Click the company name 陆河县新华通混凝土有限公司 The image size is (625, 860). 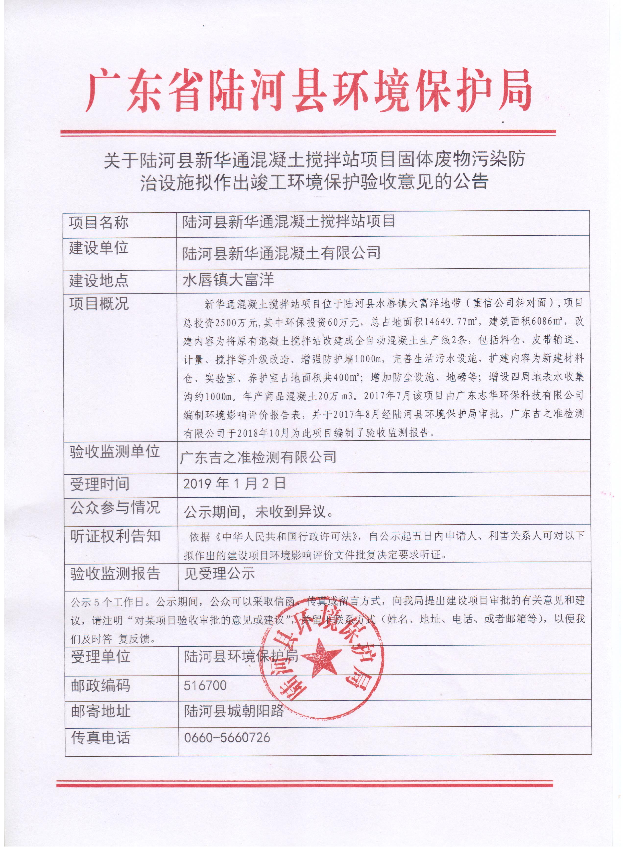point(281,253)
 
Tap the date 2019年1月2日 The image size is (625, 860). point(234,484)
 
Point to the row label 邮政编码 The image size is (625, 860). point(101,686)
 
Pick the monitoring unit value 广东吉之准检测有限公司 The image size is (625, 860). point(258,457)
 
